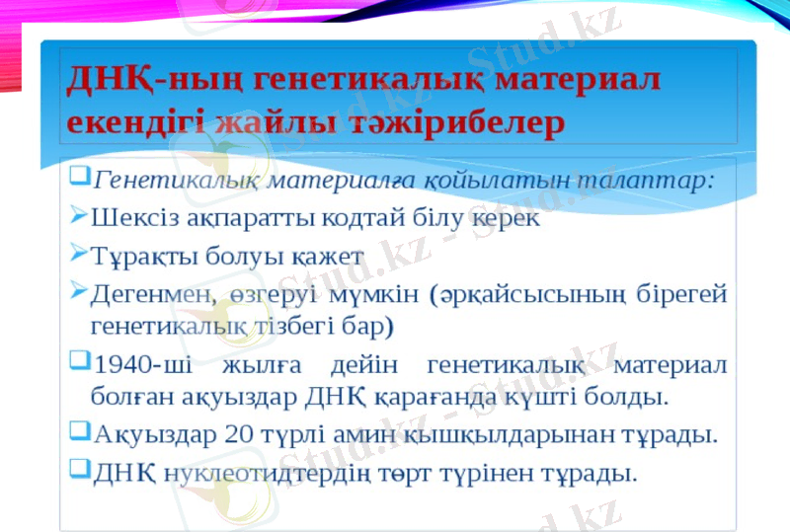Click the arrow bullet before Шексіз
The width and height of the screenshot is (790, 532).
click(79, 216)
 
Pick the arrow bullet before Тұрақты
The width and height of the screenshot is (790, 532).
click(79, 254)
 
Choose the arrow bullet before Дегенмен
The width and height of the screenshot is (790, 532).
click(79, 291)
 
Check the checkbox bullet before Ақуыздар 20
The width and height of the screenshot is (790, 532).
click(79, 432)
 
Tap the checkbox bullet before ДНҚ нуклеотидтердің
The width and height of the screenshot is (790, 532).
click(79, 470)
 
